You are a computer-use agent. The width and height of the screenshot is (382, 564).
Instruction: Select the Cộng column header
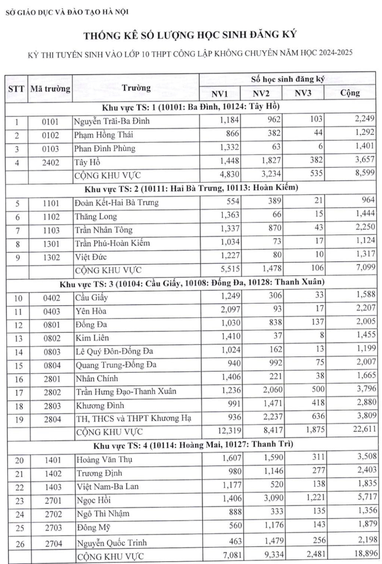point(349,93)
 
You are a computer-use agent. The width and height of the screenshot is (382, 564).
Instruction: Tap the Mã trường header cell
point(49,89)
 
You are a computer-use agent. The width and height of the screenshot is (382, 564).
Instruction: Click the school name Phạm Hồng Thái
point(102,134)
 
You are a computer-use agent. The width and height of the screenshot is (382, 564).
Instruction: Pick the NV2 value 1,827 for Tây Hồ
point(270,161)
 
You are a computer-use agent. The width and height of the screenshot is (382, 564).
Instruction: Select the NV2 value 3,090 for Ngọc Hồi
point(270,500)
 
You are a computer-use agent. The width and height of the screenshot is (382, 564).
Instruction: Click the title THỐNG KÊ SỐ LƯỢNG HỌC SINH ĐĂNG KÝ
point(190,36)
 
